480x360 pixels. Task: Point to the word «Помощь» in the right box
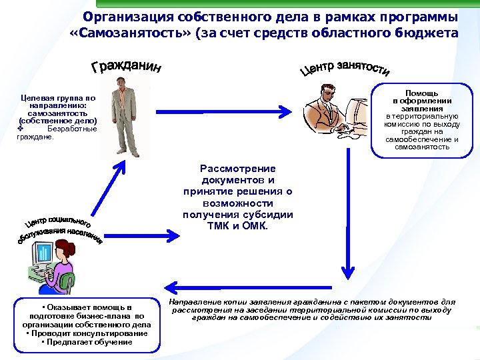(x=421, y=94)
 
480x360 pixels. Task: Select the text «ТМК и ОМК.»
(x=238, y=226)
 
